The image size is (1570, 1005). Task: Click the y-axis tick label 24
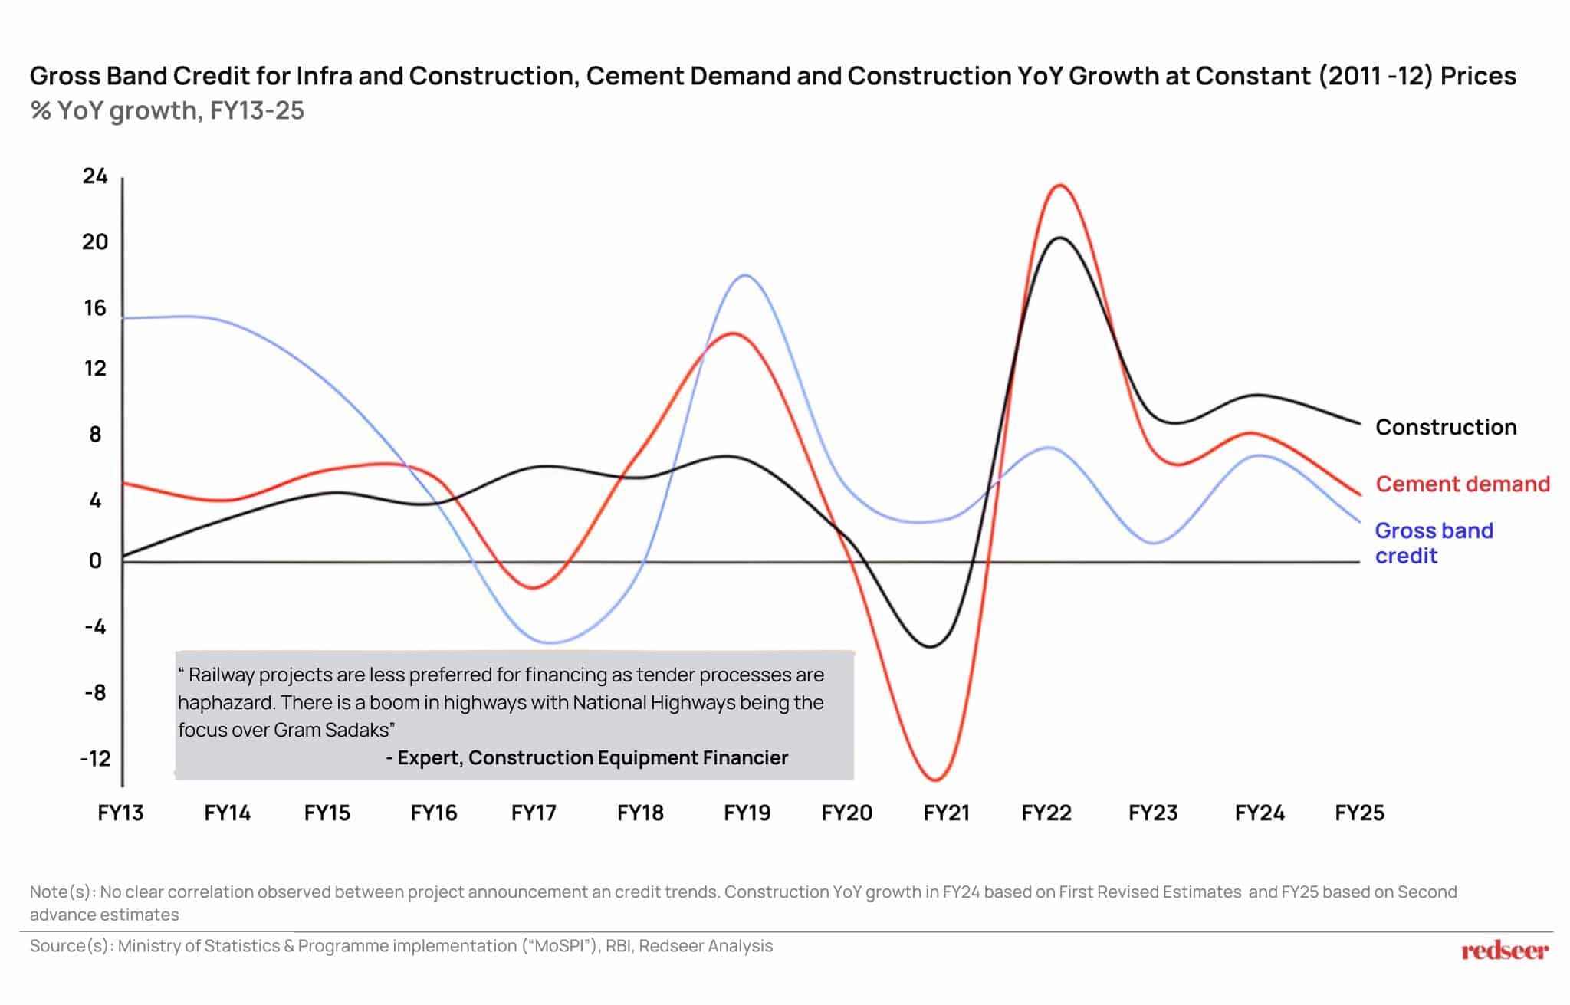pyautogui.click(x=95, y=176)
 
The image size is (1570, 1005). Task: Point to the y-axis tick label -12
pyautogui.click(x=95, y=759)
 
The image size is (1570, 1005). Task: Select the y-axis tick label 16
pyautogui.click(x=95, y=308)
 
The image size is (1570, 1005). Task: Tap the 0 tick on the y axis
pyautogui.click(x=95, y=561)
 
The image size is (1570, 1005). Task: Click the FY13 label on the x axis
pyautogui.click(x=120, y=813)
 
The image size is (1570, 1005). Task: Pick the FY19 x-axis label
pyautogui.click(x=747, y=813)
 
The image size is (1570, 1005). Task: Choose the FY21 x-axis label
pyautogui.click(x=946, y=813)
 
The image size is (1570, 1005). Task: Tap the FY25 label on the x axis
pyautogui.click(x=1359, y=813)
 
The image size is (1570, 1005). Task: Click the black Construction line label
pyautogui.click(x=1445, y=427)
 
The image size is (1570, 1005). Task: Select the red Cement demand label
pyautogui.click(x=1462, y=484)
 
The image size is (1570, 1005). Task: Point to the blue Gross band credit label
pyautogui.click(x=1434, y=543)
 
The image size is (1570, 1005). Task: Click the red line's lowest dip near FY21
pyautogui.click(x=935, y=780)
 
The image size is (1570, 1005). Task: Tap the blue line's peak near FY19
pyautogui.click(x=746, y=275)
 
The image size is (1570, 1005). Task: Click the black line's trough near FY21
pyautogui.click(x=931, y=647)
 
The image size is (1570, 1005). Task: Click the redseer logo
pyautogui.click(x=1504, y=951)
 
